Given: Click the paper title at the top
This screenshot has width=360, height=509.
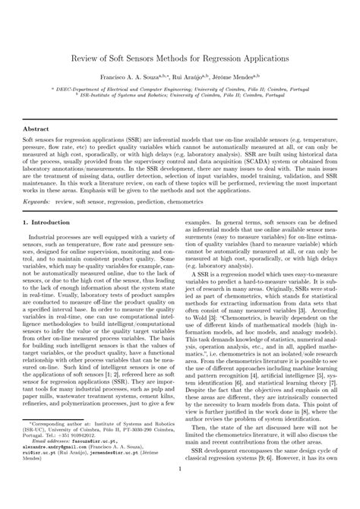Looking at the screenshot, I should (x=180, y=58).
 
